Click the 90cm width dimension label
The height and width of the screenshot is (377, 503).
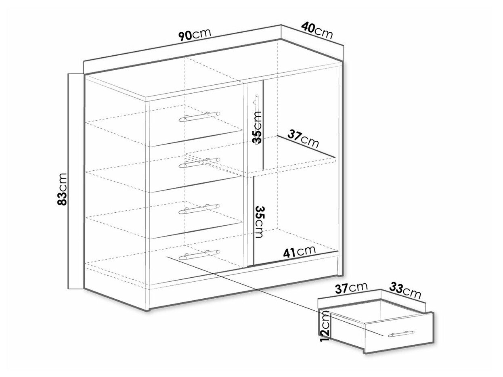pos(195,34)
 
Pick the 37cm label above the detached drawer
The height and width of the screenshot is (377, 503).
pos(351,288)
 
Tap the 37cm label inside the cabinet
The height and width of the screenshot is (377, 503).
pos(303,139)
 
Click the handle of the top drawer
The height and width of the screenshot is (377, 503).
pos(199,116)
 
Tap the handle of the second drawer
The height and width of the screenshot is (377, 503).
pos(199,162)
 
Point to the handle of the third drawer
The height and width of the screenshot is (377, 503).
pos(199,208)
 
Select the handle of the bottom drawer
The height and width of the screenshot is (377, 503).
pos(199,254)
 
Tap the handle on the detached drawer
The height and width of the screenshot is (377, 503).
pos(401,334)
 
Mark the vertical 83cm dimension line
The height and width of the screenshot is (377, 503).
pos(69,181)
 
